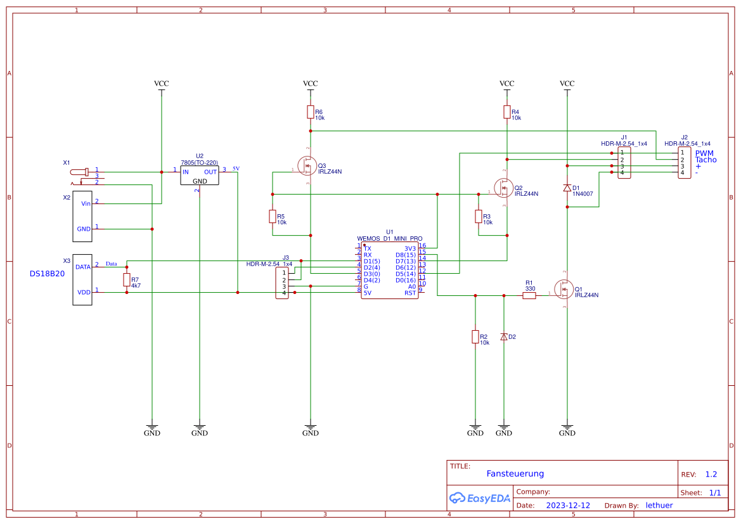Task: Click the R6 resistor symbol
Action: click(310, 112)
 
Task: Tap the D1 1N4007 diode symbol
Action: click(567, 188)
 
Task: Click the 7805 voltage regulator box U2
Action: click(200, 176)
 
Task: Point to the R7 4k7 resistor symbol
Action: click(127, 280)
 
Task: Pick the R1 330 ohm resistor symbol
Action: click(529, 295)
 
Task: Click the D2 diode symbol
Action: click(504, 337)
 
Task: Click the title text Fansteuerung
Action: click(515, 473)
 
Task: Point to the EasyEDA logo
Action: click(480, 498)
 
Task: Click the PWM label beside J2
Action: click(704, 153)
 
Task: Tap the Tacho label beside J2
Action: click(706, 160)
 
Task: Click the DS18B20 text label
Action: click(48, 274)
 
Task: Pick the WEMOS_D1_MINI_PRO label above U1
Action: click(389, 239)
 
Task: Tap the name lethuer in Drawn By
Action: click(659, 506)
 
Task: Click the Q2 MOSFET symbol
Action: click(503, 187)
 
